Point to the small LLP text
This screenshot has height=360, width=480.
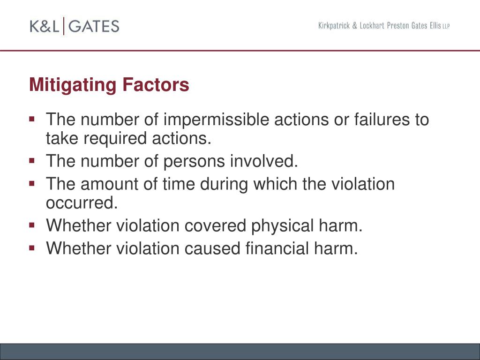[445, 27]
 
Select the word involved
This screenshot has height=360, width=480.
[264, 161]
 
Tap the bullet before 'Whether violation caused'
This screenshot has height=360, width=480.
[32, 248]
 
